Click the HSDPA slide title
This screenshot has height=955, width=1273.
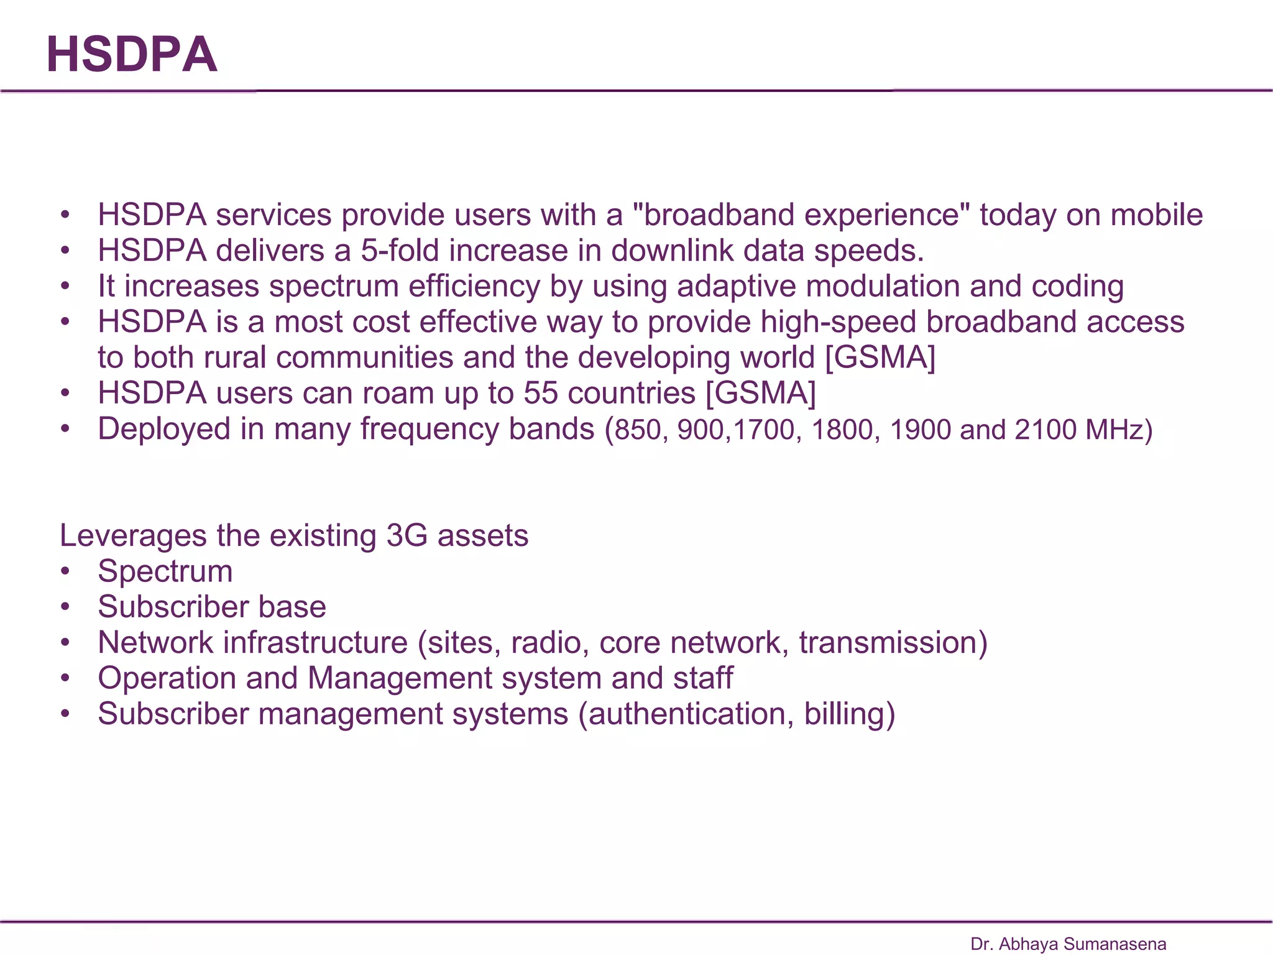click(132, 55)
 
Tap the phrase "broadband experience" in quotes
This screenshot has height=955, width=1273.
click(801, 215)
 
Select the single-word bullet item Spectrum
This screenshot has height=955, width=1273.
click(165, 571)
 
